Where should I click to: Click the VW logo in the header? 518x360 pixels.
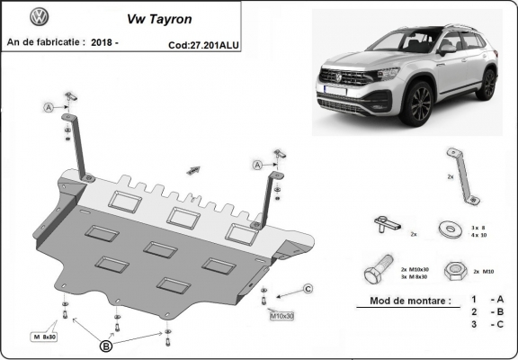tap(40, 17)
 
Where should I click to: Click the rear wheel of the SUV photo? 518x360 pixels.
tap(487, 84)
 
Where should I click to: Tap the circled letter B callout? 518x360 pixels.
tap(106, 345)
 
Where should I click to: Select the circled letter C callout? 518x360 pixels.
tap(307, 288)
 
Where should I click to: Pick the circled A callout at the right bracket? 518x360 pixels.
tap(256, 165)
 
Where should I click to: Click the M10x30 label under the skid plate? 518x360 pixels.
tap(283, 316)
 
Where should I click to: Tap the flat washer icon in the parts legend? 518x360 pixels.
tap(447, 229)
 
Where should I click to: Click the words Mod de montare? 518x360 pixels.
tap(404, 301)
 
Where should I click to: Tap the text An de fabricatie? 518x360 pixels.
tap(46, 42)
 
